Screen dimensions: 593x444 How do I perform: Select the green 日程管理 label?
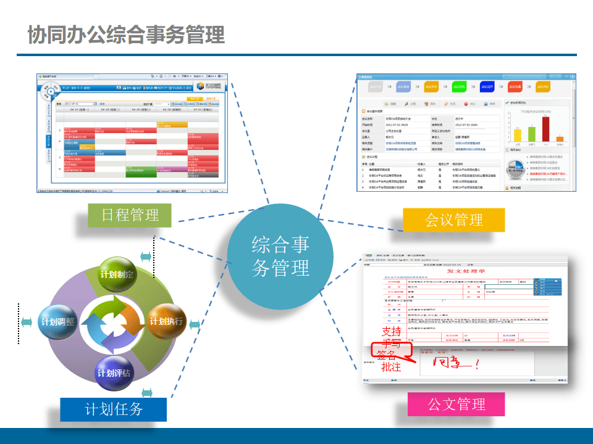[130, 215]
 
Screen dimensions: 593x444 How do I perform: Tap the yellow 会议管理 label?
[453, 220]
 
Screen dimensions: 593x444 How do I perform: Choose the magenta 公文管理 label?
[456, 404]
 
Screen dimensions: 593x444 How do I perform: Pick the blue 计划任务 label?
[114, 409]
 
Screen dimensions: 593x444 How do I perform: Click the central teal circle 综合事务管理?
[280, 257]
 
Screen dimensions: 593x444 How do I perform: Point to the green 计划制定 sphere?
[117, 274]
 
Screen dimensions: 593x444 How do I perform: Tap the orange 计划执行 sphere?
[166, 322]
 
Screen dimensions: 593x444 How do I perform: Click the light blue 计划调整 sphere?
[57, 322]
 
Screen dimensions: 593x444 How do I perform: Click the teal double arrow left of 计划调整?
[27, 322]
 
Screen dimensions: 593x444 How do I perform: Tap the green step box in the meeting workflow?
[459, 86]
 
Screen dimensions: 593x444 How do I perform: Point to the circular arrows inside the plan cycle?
[114, 321]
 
